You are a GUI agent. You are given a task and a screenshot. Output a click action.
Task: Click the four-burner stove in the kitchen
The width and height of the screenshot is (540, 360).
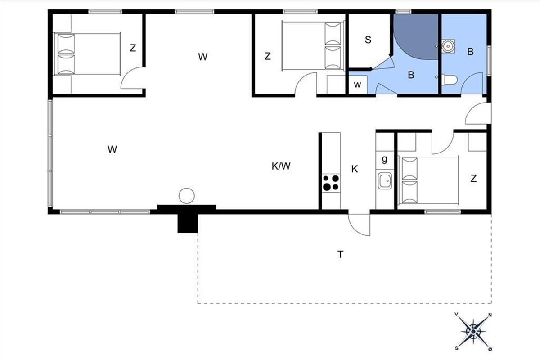tap(331, 183)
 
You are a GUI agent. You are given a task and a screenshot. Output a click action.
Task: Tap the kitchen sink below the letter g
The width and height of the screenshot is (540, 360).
tap(385, 180)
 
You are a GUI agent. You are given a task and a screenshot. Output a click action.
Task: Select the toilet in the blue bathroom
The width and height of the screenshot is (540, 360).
tap(450, 80)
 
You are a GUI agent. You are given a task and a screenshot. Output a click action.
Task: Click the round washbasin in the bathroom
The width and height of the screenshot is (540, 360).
tap(448, 46)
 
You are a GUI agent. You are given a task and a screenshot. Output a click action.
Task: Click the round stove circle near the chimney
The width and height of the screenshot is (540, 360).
tap(187, 196)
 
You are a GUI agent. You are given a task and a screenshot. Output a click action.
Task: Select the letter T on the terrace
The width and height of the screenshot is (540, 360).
tap(340, 254)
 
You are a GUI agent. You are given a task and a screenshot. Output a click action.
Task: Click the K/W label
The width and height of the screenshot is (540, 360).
tap(281, 166)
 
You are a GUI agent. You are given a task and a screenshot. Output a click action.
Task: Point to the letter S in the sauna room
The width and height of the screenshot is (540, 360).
tap(368, 40)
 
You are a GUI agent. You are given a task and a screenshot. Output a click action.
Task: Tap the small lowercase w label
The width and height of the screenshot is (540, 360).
tap(357, 85)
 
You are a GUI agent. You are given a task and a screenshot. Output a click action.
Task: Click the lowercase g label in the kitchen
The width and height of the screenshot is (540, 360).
tap(384, 159)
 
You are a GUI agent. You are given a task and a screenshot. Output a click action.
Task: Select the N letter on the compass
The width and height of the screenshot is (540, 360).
tap(490, 315)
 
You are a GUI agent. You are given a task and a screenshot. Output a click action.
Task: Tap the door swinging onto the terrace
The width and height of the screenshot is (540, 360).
tap(359, 225)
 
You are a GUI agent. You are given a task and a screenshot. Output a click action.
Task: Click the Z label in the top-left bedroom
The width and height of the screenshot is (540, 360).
tap(133, 48)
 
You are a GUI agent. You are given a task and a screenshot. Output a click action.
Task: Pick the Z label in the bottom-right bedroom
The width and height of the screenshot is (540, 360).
tap(473, 179)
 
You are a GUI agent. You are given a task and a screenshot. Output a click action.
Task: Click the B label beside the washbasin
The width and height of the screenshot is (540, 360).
tap(470, 52)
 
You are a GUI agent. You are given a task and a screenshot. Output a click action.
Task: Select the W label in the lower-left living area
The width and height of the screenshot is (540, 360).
tap(112, 149)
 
